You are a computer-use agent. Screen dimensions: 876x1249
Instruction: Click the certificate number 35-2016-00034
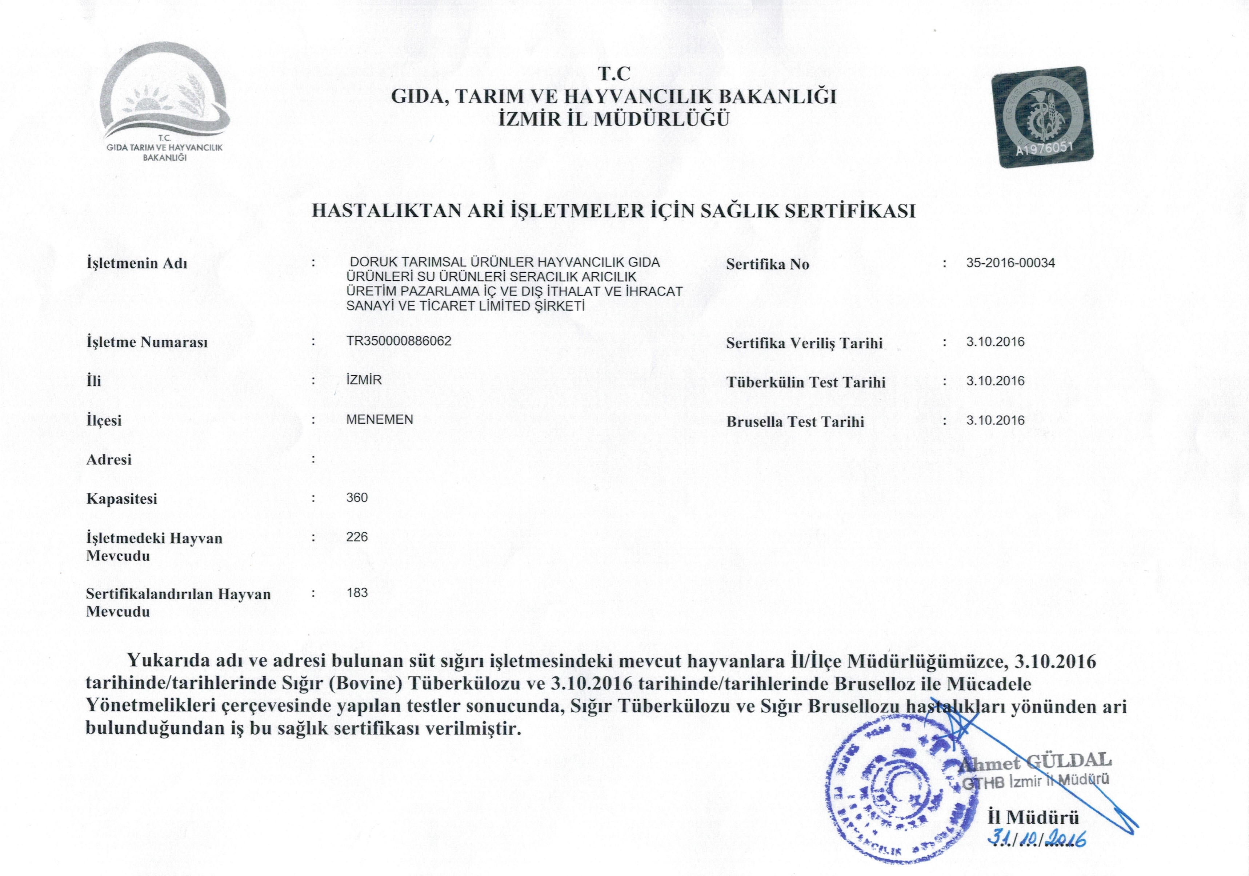(1010, 263)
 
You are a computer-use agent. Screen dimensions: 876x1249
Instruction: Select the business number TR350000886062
(399, 341)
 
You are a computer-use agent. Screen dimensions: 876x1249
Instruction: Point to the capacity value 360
(357, 498)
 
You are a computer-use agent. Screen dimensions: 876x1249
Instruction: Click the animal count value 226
(357, 537)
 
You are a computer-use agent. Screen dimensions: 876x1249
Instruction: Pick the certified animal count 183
(357, 592)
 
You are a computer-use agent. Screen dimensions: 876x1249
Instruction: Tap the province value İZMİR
(364, 380)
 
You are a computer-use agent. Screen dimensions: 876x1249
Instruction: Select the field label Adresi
(109, 460)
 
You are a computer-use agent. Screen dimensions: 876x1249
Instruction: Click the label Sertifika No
(768, 264)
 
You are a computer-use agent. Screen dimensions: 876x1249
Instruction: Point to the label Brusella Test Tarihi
(795, 422)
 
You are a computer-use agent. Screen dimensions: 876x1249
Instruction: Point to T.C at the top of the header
(614, 73)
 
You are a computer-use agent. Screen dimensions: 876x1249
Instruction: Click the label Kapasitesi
(122, 499)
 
